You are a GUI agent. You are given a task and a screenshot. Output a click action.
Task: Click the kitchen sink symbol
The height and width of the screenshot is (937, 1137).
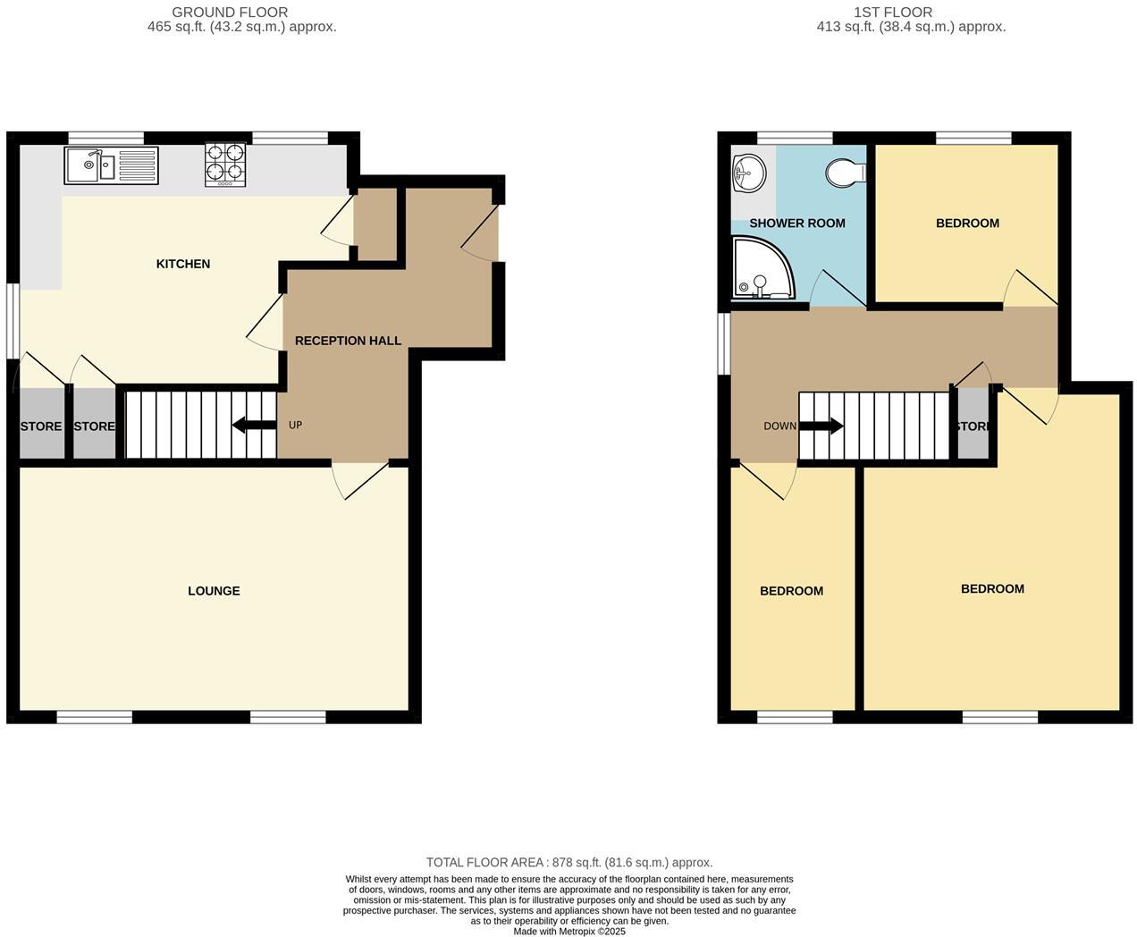point(111,165)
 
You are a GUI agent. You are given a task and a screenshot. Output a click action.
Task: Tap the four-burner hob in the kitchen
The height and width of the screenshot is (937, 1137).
point(225,165)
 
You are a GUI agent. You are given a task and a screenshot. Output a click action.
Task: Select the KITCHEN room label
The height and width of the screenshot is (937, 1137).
point(183,264)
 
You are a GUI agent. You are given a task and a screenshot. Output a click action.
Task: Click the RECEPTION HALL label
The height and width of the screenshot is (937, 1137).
point(348,341)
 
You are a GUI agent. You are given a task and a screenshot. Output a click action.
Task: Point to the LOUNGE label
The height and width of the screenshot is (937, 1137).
point(214,591)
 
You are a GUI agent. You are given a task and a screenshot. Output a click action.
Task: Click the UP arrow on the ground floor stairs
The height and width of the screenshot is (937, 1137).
point(254,426)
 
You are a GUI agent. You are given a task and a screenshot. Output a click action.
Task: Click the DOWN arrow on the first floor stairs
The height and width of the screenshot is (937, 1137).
point(821,426)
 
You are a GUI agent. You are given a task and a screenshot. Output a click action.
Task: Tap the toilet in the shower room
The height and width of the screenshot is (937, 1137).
point(846,171)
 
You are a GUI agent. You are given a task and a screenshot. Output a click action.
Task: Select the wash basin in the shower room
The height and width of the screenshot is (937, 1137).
point(748,173)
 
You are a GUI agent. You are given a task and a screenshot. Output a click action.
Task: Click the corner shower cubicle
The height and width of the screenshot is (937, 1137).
point(760,267)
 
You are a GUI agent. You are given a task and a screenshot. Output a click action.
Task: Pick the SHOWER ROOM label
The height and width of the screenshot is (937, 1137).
point(796,224)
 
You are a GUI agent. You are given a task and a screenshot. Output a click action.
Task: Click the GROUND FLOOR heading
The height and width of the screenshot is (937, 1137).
point(230,13)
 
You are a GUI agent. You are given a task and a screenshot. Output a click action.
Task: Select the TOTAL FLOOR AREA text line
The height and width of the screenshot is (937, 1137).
point(569,863)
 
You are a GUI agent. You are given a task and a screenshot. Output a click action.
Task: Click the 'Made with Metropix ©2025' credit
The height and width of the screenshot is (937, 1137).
point(569,931)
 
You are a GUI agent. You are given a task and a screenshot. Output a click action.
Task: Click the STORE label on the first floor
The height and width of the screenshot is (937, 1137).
point(973,426)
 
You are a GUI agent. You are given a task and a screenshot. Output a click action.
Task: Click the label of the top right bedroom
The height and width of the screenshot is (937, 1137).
point(967,224)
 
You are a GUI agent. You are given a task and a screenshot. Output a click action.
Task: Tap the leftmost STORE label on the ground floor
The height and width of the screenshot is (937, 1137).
point(41,426)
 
